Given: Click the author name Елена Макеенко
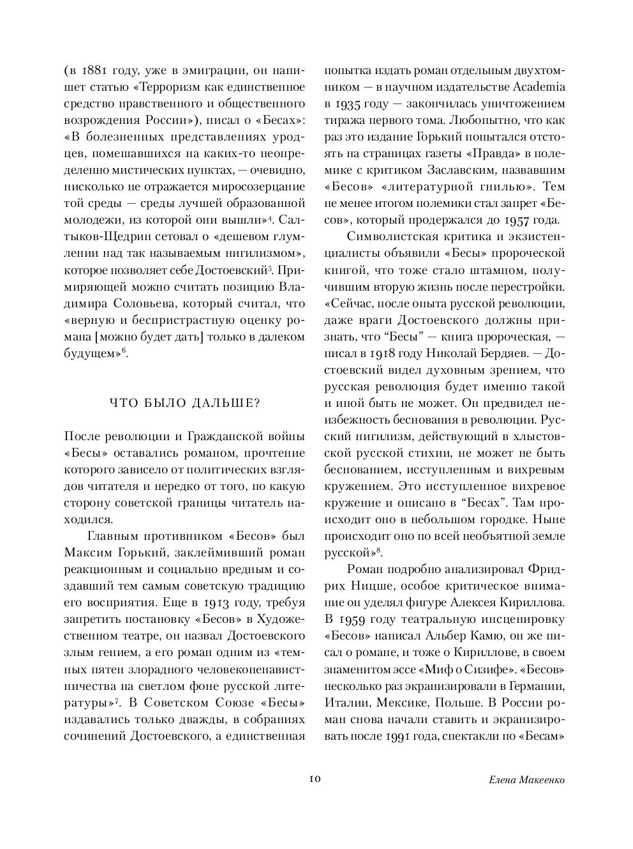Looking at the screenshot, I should (526, 779).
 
